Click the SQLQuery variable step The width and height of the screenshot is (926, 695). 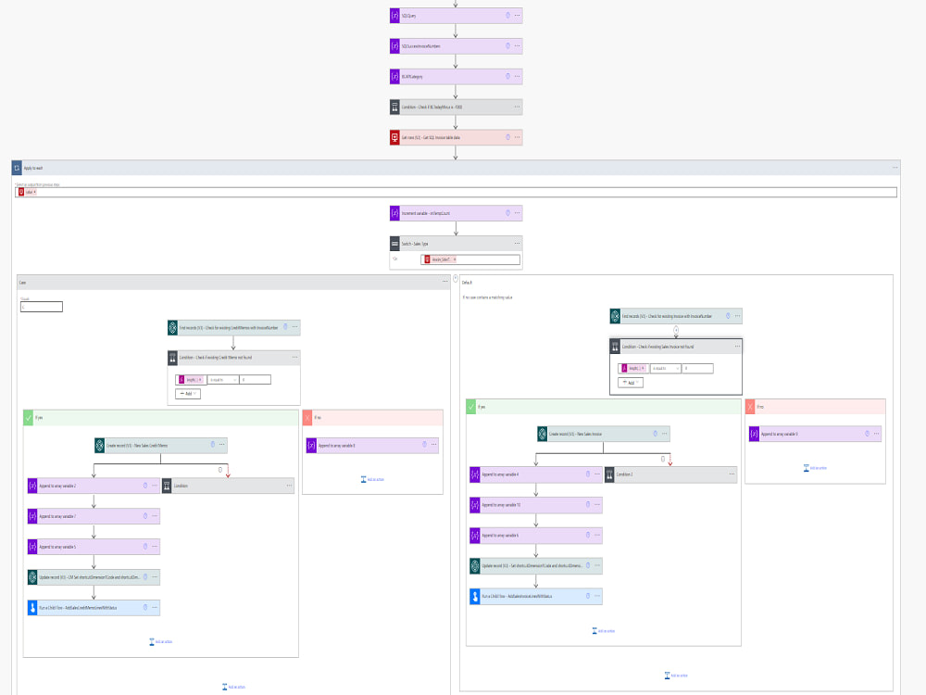(x=444, y=16)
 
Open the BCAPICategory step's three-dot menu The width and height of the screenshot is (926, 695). (x=517, y=76)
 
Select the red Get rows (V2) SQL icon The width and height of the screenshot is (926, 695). (x=394, y=137)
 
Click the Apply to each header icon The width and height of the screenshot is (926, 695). (x=17, y=168)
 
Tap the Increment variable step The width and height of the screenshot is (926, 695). (x=444, y=213)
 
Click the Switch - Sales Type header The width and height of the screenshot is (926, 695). (x=444, y=244)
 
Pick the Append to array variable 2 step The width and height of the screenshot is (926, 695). (x=83, y=486)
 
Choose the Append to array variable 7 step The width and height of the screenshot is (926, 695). (x=83, y=516)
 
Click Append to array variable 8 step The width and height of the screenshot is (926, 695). (x=361, y=446)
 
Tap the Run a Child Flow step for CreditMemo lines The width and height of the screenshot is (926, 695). (x=93, y=608)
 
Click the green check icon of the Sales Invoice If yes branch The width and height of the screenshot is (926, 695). (x=471, y=406)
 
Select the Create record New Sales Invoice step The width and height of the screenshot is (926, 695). (x=593, y=434)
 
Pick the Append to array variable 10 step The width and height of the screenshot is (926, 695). (x=528, y=505)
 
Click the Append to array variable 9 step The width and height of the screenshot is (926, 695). (x=806, y=434)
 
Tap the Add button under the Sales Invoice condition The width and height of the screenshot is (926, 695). (x=631, y=383)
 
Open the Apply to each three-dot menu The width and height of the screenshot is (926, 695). (x=895, y=168)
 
